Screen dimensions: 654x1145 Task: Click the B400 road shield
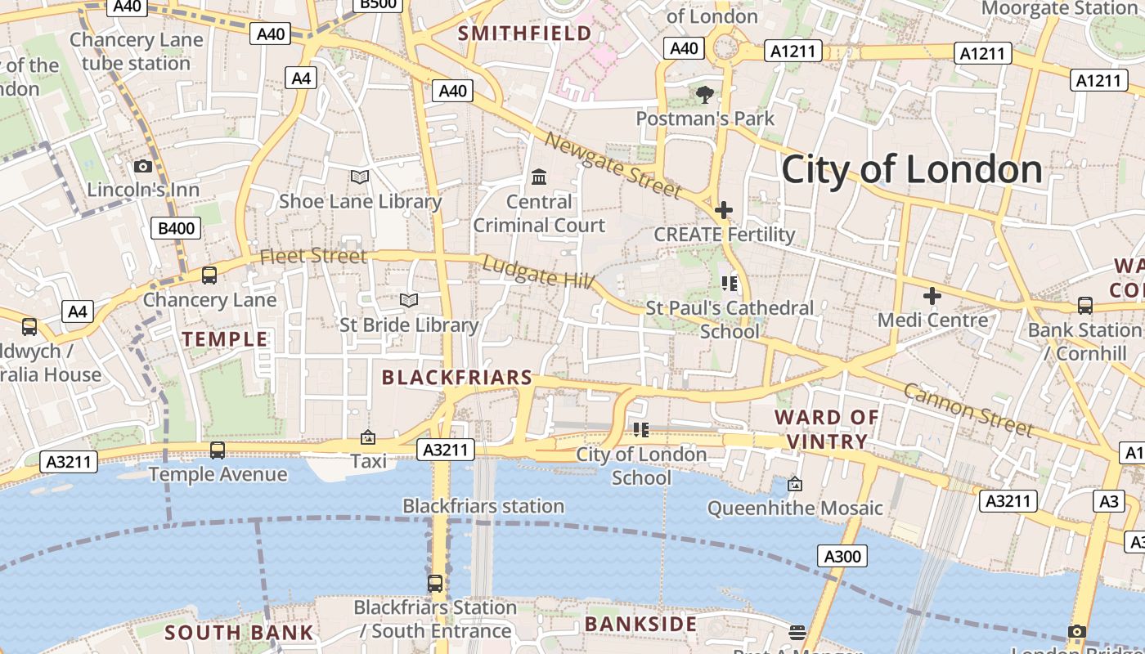(176, 228)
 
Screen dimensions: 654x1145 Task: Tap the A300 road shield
(842, 557)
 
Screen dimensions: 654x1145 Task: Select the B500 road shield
(378, 4)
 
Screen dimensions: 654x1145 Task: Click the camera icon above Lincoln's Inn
(143, 167)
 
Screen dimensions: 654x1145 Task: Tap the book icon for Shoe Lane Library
(360, 177)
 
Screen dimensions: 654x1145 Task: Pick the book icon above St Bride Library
(409, 300)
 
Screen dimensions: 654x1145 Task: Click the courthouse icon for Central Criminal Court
(539, 177)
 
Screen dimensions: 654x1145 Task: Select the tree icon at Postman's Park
(704, 95)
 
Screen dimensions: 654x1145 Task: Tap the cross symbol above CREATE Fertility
(723, 210)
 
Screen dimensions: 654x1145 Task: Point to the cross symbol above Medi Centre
(932, 296)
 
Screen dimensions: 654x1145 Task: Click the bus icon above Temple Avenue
(218, 450)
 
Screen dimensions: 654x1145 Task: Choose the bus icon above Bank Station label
(1084, 306)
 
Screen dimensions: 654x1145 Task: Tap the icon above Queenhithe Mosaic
(794, 484)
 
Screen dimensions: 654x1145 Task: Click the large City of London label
(912, 170)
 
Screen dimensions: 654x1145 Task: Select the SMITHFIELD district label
(524, 34)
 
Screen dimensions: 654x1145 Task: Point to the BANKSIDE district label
(640, 625)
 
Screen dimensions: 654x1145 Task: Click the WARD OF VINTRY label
(826, 429)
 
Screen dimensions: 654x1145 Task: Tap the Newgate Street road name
(613, 166)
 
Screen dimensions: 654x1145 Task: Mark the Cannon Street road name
(968, 409)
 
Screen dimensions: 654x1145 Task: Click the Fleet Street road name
(313, 256)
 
